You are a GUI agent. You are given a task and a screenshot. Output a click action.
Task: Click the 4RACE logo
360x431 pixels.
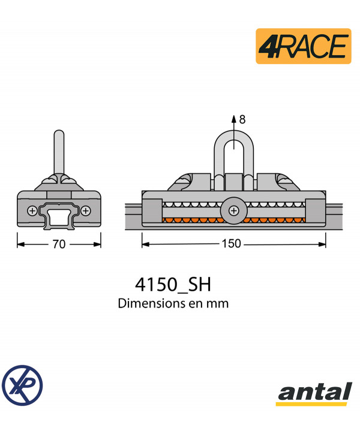303,46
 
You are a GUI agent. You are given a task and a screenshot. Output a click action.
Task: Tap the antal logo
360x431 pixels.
314,394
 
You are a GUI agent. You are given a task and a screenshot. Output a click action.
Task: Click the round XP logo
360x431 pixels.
22,384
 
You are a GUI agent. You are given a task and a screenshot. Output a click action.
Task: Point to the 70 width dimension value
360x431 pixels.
59,244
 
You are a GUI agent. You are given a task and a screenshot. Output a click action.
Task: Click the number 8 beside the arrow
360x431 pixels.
242,119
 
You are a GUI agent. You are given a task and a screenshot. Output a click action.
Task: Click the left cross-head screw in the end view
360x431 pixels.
32,210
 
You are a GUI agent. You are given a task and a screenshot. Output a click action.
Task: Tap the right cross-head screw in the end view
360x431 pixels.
86,210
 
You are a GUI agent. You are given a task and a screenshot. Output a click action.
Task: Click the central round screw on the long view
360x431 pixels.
233,210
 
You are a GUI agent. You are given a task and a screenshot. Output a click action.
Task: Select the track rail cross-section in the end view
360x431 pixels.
59,216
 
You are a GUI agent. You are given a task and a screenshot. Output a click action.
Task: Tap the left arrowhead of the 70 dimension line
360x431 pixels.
20,244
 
